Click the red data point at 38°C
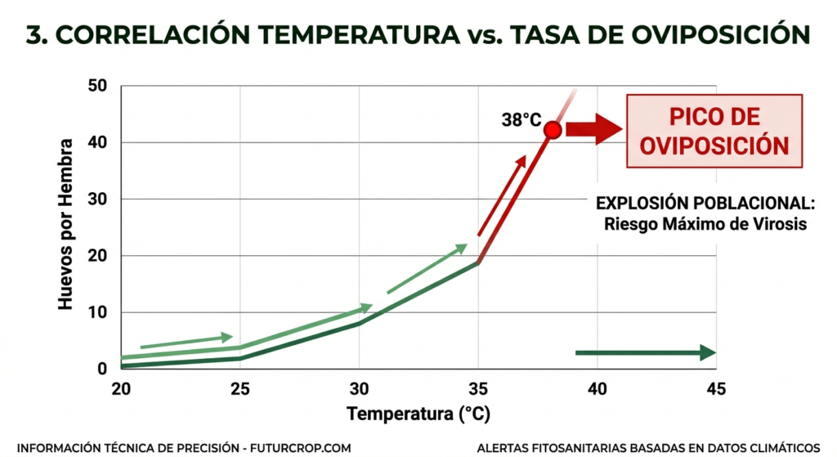point(553,130)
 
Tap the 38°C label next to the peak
point(521,120)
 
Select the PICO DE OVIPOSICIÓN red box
point(714,131)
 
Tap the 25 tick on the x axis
point(240,389)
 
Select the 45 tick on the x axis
point(715,389)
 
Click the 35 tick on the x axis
point(478,389)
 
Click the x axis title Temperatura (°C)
point(418,414)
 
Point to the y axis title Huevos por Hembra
point(66,224)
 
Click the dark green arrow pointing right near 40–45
point(646,352)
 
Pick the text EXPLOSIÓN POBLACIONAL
point(705,204)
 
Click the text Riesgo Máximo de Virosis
point(705,223)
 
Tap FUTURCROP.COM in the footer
point(300,447)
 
